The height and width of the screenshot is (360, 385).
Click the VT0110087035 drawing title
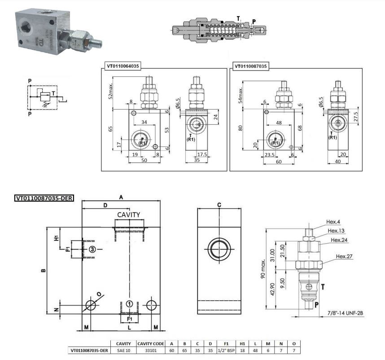pyautogui.click(x=250, y=66)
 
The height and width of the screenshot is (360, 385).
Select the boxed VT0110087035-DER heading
pyautogui.click(x=44, y=198)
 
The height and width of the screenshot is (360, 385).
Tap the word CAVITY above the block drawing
pyautogui.click(x=129, y=215)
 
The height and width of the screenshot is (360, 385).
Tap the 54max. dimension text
pyautogui.click(x=241, y=95)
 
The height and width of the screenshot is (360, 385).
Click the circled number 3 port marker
pyautogui.click(x=92, y=249)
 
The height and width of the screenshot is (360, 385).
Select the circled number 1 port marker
pyautogui.click(x=129, y=304)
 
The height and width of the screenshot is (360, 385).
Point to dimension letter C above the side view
pyautogui.click(x=219, y=205)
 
